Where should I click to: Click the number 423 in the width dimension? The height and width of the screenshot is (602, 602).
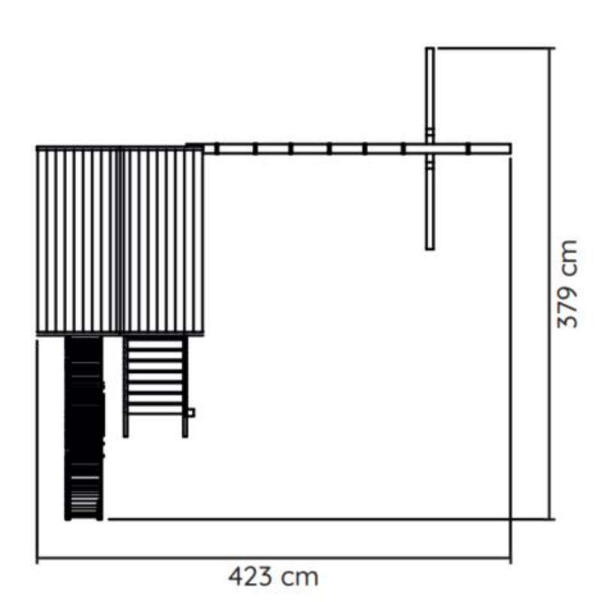[251, 576]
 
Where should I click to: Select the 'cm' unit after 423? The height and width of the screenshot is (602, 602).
[299, 577]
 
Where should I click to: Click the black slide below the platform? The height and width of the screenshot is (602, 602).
[84, 428]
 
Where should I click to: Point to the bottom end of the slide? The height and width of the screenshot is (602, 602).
[84, 519]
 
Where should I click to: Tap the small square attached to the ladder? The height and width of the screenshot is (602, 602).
[191, 412]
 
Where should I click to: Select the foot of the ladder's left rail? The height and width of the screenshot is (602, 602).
[126, 436]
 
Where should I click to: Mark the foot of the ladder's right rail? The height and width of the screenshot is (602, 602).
[185, 436]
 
